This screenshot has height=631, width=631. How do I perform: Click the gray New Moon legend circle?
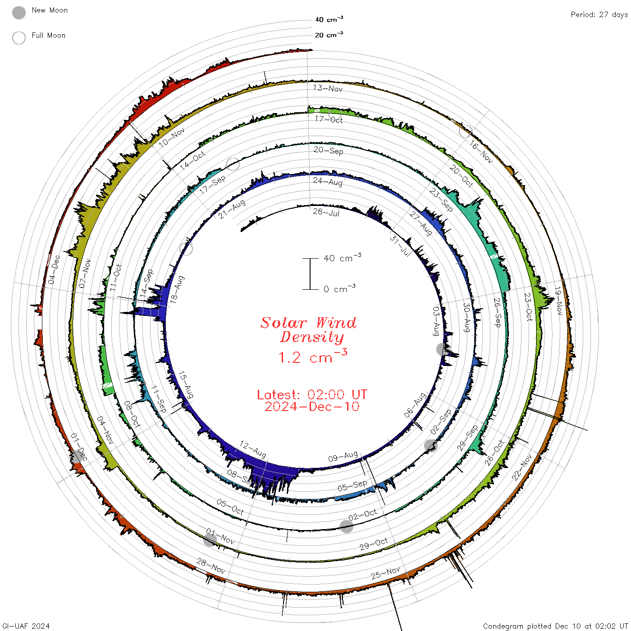coord(18,13)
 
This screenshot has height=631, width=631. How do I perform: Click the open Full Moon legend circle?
coord(18,38)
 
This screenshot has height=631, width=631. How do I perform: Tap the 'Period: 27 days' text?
coord(599,15)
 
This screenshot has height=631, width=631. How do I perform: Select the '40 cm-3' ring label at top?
coord(329,19)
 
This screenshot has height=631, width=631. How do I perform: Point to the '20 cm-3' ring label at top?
coord(329,34)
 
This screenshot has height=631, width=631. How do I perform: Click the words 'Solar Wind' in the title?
coord(308,323)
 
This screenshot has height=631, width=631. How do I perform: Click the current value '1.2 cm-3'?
coord(312,356)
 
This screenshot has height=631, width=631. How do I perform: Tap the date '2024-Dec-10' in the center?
coord(312,407)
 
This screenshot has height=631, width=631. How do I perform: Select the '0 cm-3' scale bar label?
coord(339,288)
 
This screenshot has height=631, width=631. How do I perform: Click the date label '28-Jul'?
coord(326,213)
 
